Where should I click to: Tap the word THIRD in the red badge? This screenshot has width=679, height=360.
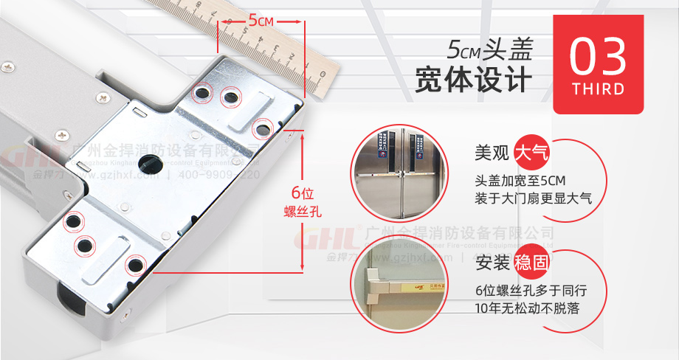click(598, 89)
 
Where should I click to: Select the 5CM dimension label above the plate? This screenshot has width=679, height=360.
click(261, 21)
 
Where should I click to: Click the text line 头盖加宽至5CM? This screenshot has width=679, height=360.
click(520, 181)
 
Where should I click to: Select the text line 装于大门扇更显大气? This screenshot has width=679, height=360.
click(534, 199)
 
